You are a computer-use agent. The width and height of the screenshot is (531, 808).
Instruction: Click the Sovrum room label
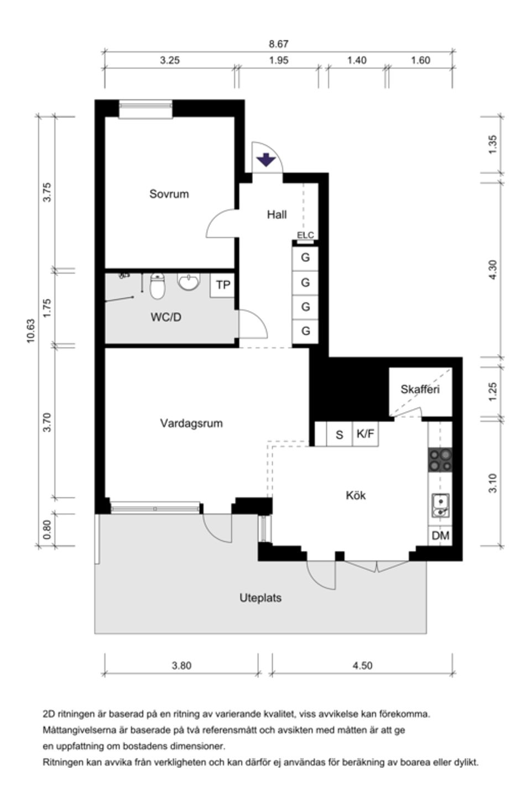coord(169,194)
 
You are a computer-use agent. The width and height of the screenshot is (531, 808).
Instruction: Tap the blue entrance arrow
coord(266,160)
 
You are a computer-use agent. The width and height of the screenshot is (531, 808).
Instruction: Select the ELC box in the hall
coord(305,235)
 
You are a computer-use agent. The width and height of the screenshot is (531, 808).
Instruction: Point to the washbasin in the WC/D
coord(189,282)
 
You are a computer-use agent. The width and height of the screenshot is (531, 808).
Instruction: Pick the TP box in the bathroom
coord(223,286)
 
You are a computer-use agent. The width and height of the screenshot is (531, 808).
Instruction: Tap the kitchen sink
coord(440,505)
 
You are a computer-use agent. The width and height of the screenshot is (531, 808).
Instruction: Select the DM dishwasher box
coord(440,536)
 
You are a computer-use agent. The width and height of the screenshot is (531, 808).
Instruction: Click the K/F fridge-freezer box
coord(365,434)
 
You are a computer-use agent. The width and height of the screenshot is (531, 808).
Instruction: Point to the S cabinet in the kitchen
coord(339,435)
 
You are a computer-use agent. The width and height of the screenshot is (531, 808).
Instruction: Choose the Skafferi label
coord(420,390)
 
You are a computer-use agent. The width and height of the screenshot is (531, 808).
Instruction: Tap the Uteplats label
coord(261,598)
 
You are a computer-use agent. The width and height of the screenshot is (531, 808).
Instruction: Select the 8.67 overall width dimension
coord(279,44)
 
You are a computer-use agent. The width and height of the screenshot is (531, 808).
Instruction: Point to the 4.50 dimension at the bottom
coord(362,665)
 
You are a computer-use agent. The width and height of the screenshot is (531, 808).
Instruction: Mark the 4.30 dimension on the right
coord(493,269)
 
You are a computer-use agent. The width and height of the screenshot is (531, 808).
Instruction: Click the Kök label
coord(356,496)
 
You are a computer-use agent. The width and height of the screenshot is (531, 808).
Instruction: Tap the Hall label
coord(277,214)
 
